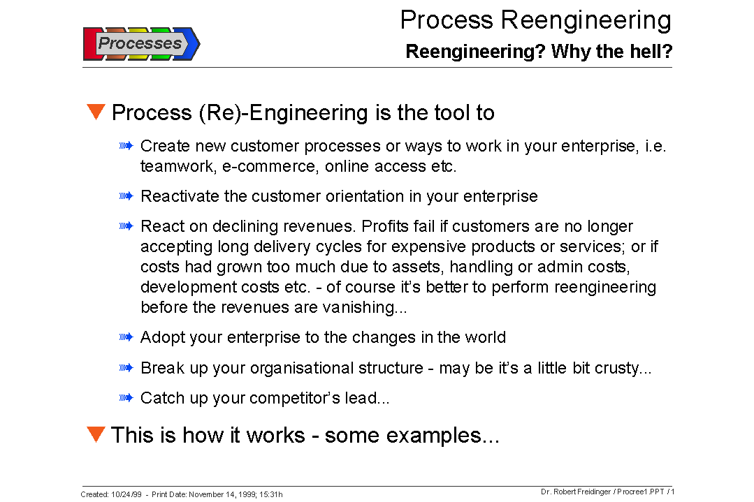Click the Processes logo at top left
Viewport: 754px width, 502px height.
coord(141,43)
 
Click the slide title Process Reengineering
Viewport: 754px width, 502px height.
coord(535,20)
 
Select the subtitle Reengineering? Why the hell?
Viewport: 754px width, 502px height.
coord(538,52)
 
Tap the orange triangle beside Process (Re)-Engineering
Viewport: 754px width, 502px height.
coord(96,112)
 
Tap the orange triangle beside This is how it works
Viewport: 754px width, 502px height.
coord(96,434)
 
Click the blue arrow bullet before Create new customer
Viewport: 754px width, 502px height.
coord(126,146)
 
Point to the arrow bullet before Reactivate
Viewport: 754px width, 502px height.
coord(126,196)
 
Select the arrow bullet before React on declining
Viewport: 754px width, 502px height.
coord(126,226)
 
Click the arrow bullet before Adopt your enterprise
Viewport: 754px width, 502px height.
coord(126,337)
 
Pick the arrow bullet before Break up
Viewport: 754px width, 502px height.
coord(126,368)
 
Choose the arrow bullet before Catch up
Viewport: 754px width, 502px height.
coord(126,398)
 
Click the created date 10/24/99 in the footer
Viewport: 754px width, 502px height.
coord(126,494)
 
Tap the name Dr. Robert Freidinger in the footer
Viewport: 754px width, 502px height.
coord(575,492)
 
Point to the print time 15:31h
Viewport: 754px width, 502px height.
coord(270,494)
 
